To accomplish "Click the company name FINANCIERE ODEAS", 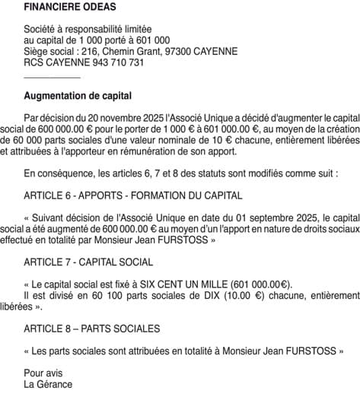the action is [x=70, y=8].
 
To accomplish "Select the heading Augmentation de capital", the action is [x=78, y=97].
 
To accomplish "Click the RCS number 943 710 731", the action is [x=107, y=62].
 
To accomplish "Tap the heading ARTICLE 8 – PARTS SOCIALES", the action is [x=91, y=329].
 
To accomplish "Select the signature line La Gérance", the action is [x=48, y=384].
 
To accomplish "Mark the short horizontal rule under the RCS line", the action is [x=52, y=77].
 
